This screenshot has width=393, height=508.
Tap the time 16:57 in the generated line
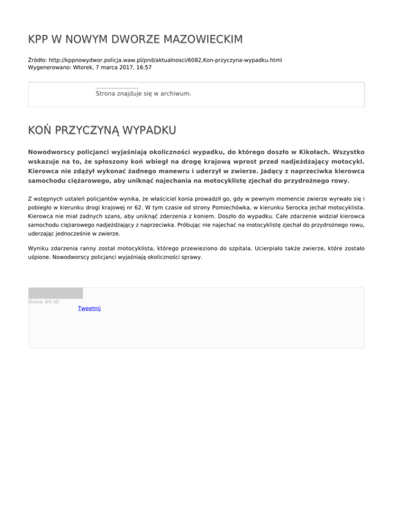(143, 67)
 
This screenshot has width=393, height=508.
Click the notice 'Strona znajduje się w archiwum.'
(143, 94)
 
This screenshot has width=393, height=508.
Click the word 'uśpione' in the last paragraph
(39, 258)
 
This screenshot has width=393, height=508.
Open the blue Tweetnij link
(89, 308)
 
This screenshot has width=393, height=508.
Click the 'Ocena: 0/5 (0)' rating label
(43, 302)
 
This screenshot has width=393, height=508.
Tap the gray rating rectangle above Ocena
(55, 293)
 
